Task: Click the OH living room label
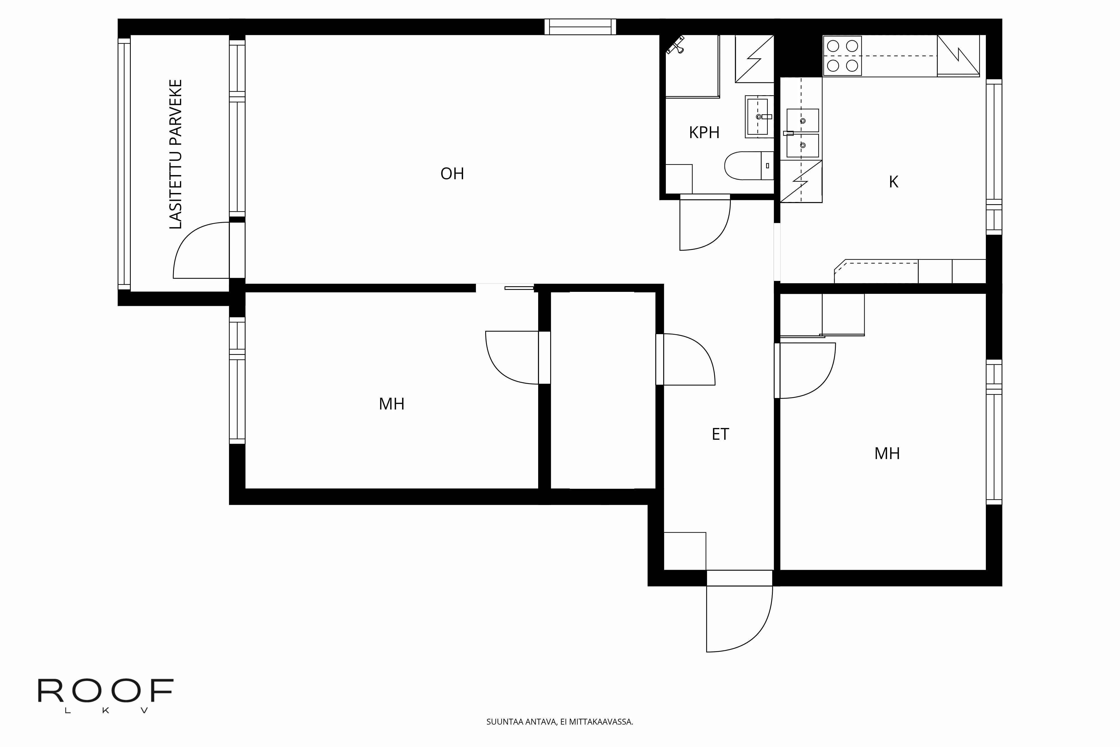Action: [x=452, y=174]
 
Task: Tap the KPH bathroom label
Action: [x=704, y=132]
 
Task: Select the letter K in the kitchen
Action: [x=893, y=182]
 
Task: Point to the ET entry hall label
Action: [x=720, y=434]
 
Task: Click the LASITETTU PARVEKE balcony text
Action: [x=176, y=154]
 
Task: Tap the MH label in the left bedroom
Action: [x=391, y=404]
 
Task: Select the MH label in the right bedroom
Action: [x=887, y=453]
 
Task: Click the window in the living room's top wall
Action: [x=580, y=27]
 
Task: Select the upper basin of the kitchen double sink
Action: [x=802, y=120]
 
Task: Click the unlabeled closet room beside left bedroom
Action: [x=603, y=391]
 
